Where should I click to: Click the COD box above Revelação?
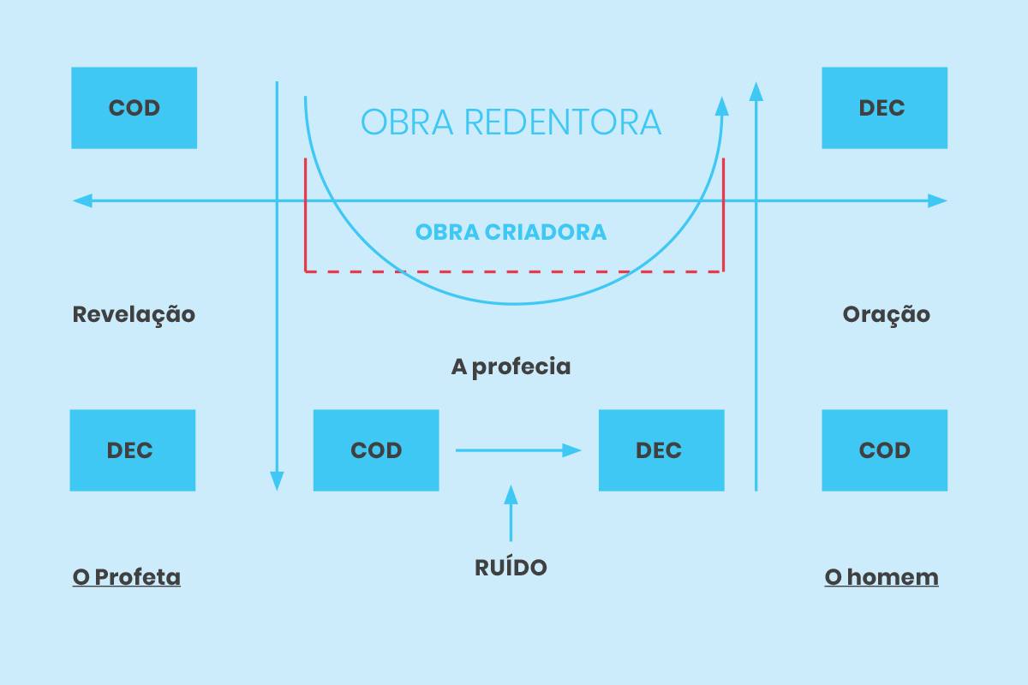click(x=134, y=108)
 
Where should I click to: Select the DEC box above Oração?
click(x=884, y=108)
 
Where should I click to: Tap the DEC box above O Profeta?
click(x=132, y=450)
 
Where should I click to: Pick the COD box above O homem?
click(x=884, y=450)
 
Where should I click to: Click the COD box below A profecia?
click(x=375, y=450)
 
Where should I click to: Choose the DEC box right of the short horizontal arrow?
click(x=660, y=450)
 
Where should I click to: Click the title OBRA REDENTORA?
click(x=511, y=122)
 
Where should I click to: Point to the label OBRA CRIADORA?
click(x=511, y=232)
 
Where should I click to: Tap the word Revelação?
click(x=134, y=314)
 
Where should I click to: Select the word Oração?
click(x=886, y=314)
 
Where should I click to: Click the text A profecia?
click(x=511, y=367)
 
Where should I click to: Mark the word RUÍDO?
click(x=511, y=567)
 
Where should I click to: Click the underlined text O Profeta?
click(x=127, y=577)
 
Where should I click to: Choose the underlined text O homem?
click(x=881, y=577)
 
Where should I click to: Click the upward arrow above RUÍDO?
click(x=511, y=512)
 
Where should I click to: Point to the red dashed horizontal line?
click(x=514, y=271)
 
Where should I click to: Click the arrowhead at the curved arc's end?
click(x=722, y=107)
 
